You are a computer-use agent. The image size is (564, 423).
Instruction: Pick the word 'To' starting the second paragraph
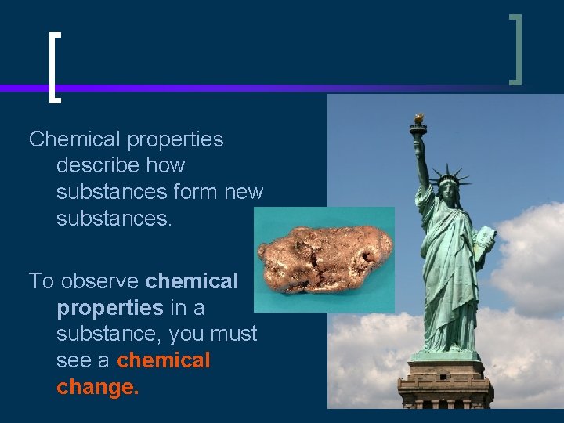pos(41,280)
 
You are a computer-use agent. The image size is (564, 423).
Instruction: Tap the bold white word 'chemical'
pos(192,280)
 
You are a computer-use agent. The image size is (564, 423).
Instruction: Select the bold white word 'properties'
pos(110,308)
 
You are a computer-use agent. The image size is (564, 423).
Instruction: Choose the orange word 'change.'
pos(98,387)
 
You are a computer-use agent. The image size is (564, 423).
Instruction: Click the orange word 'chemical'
pos(164,360)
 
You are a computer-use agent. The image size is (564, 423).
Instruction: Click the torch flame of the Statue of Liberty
pos(419,117)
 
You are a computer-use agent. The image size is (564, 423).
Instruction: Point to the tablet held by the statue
pos(486,240)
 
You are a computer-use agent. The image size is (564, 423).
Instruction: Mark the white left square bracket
pos(52,67)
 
